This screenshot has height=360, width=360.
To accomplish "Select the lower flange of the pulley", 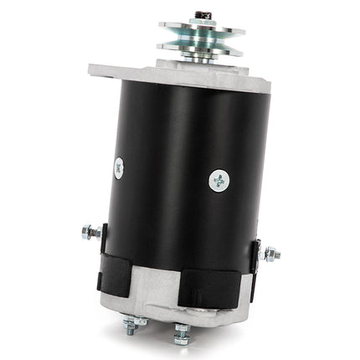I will click(203, 48).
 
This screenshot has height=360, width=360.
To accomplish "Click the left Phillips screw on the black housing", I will click(118, 167).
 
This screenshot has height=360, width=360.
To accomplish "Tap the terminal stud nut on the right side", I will click(270, 254).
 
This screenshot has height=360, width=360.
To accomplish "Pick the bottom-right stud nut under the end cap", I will click(180, 336).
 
